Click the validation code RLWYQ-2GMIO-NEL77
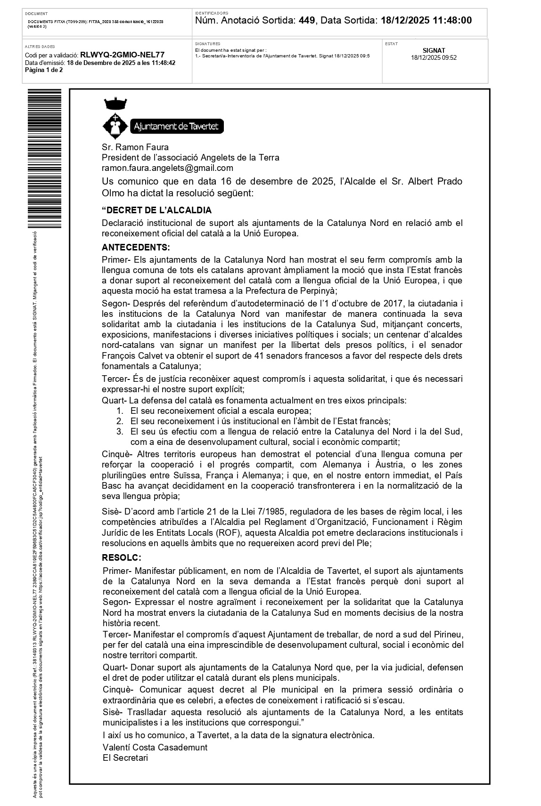point(123,55)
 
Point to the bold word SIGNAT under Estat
point(434,50)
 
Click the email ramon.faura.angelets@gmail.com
point(167,168)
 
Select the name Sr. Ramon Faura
point(135,147)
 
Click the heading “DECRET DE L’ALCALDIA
point(156,210)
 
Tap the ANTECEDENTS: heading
point(136,247)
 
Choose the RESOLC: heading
point(122,558)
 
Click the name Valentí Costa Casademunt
point(155,747)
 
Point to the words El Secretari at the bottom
point(125,758)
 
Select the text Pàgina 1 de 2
point(44,70)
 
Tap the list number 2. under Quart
point(120,421)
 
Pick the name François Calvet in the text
point(131,355)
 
